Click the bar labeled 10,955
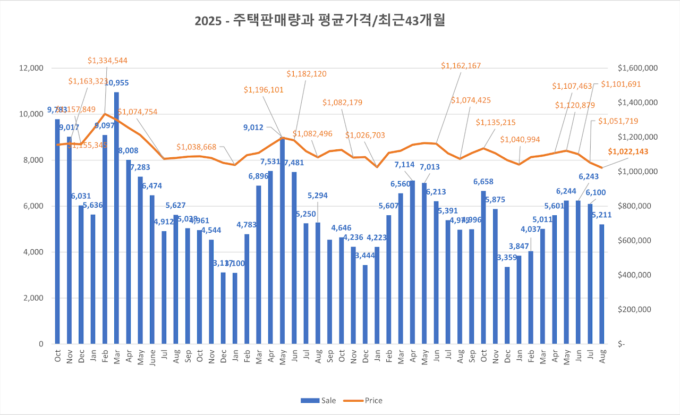(x=116, y=218)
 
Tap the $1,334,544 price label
(x=107, y=61)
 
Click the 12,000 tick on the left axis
(x=32, y=68)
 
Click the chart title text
(x=320, y=21)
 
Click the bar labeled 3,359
(x=507, y=305)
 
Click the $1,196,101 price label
(x=264, y=90)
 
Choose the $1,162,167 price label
(x=461, y=66)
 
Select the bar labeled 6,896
(x=259, y=265)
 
